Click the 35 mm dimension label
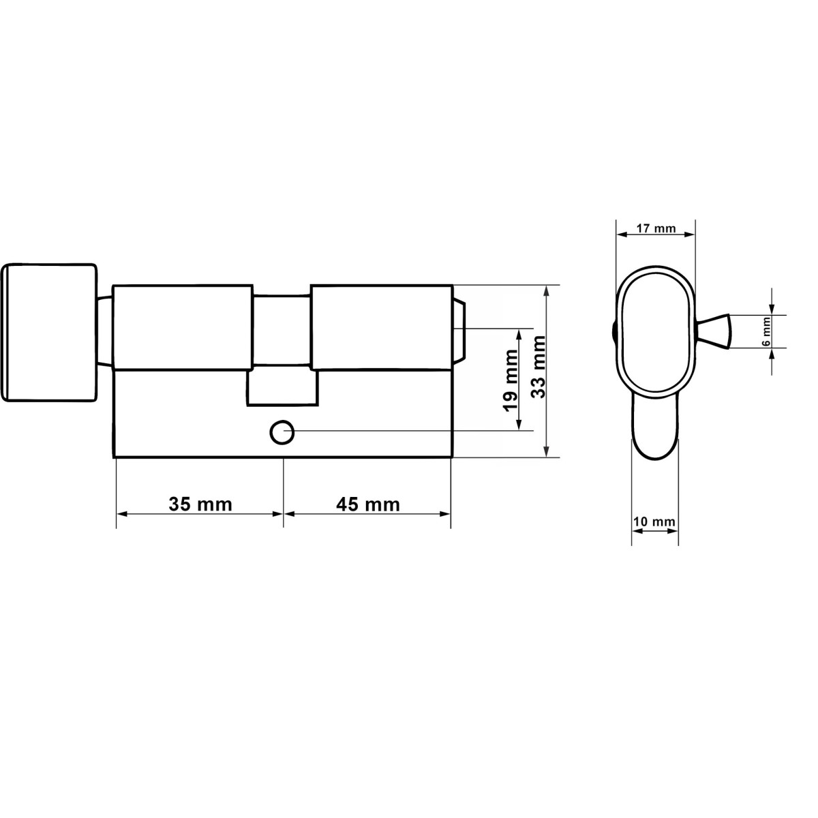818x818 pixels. tap(200, 504)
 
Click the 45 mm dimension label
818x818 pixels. tap(367, 504)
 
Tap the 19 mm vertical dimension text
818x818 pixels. tap(511, 380)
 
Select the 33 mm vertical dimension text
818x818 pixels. tap(539, 366)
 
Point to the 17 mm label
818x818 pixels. tap(656, 228)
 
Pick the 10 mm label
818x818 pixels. tap(654, 521)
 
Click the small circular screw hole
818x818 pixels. tap(282, 433)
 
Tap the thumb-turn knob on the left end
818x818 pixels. tap(49, 333)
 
